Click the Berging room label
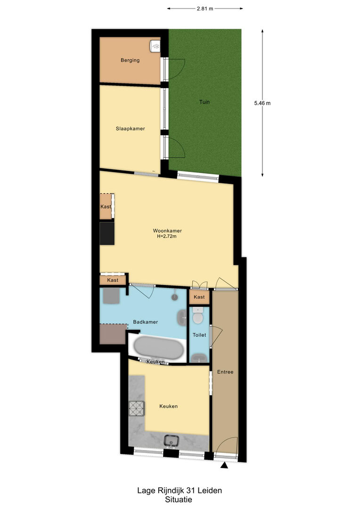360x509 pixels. (x=130, y=60)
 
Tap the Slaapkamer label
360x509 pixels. (x=130, y=129)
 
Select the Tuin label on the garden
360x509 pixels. (x=204, y=102)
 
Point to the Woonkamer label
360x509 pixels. (x=167, y=231)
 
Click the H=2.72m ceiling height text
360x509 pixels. (x=166, y=236)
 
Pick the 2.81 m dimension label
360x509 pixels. (x=205, y=9)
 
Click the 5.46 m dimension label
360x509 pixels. (x=262, y=103)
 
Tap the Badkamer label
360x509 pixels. (x=146, y=322)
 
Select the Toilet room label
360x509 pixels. (x=199, y=335)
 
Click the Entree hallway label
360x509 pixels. (x=225, y=372)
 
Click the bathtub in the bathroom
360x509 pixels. (x=158, y=348)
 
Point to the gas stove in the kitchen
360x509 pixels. (x=137, y=409)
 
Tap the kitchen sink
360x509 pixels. (x=171, y=441)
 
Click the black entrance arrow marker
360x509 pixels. (x=224, y=466)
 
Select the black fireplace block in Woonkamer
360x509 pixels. (x=107, y=233)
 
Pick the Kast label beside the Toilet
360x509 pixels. (x=199, y=297)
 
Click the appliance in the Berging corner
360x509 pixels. (x=155, y=46)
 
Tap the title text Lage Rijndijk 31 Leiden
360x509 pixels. (x=180, y=491)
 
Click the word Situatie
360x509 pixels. (x=179, y=500)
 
